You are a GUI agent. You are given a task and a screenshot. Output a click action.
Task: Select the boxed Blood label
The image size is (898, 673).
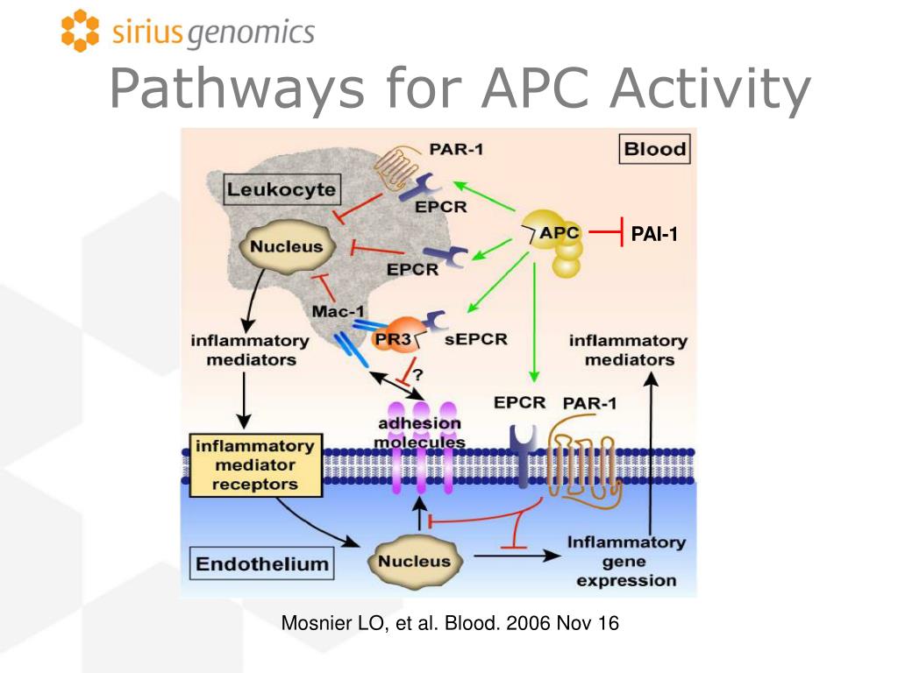click(654, 149)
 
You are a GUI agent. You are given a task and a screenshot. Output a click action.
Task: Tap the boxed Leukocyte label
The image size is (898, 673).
click(268, 188)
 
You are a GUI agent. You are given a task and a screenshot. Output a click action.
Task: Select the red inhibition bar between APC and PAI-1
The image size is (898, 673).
click(606, 233)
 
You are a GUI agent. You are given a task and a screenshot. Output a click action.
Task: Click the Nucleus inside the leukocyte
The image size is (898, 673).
click(286, 246)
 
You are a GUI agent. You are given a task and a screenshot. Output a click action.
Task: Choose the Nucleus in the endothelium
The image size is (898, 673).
click(416, 561)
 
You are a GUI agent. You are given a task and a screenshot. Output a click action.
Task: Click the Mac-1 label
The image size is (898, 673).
click(338, 310)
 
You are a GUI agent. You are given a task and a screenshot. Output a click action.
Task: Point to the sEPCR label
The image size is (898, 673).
click(481, 338)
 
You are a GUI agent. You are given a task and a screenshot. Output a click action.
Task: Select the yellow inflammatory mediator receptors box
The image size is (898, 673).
click(254, 464)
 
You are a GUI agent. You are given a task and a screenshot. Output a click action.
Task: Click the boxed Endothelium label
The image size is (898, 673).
click(261, 563)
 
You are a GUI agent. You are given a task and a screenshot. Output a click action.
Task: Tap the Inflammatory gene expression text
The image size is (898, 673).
click(626, 561)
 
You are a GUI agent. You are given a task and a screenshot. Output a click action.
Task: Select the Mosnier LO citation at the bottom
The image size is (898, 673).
click(449, 624)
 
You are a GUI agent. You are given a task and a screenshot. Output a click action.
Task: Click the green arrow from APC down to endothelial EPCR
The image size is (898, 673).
click(533, 324)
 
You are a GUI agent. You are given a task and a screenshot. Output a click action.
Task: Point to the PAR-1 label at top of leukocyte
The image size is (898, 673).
click(455, 148)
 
